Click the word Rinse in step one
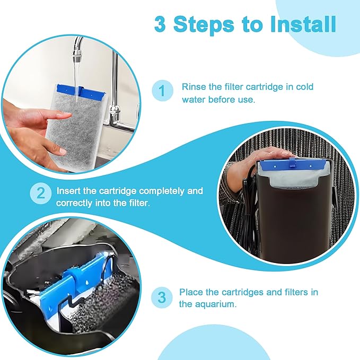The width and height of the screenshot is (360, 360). point(192,87)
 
